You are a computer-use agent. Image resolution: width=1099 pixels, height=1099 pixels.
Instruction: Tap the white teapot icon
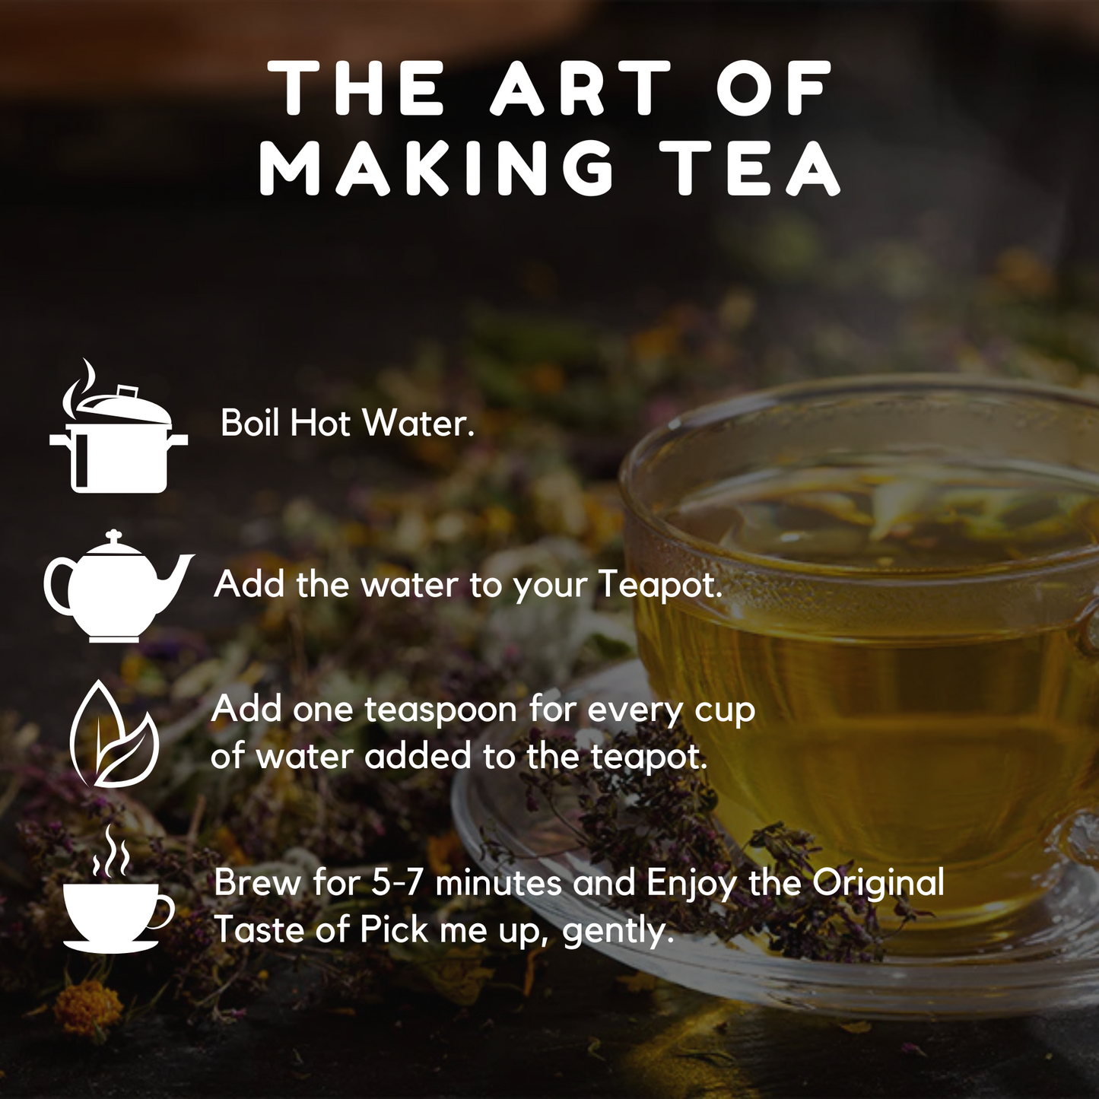pyautogui.click(x=119, y=587)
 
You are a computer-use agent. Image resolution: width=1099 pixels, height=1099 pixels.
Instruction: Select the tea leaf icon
pyautogui.click(x=114, y=734)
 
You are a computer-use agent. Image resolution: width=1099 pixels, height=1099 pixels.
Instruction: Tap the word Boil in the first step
pyautogui.click(x=249, y=423)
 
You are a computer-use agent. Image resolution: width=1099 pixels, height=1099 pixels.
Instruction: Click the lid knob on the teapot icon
pyautogui.click(x=114, y=535)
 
